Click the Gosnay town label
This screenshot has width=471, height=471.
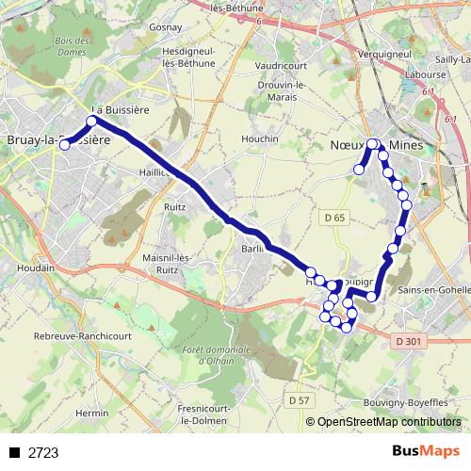152,28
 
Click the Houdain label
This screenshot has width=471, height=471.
35,268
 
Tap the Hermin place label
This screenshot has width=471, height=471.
92,414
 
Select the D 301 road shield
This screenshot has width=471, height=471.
407,340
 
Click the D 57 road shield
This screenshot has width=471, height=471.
299,400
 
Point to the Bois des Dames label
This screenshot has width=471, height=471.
72,47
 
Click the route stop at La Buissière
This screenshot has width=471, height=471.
92,121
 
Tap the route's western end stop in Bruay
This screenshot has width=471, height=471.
65,145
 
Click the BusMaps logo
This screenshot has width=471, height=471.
426,452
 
